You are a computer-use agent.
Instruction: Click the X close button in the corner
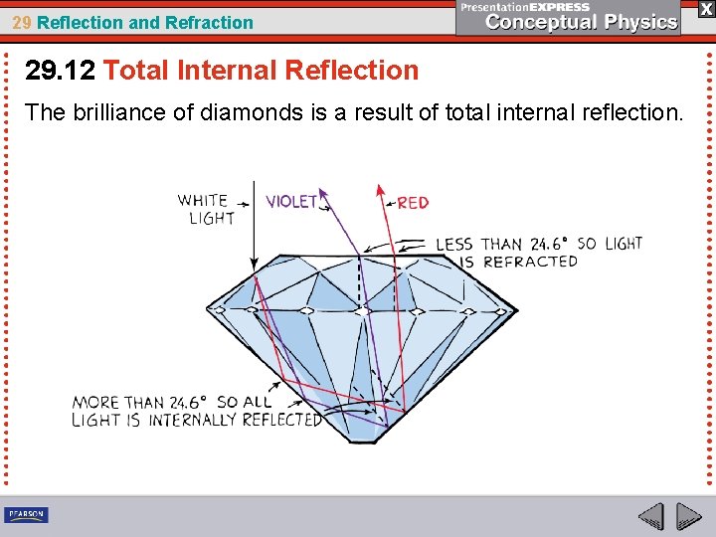click(x=705, y=8)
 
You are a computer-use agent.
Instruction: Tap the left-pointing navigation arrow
click(x=650, y=516)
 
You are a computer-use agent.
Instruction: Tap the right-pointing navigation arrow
click(x=689, y=516)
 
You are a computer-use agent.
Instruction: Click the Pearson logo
click(x=26, y=515)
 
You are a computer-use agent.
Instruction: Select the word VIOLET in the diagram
click(x=291, y=201)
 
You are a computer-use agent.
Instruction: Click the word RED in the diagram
click(x=413, y=203)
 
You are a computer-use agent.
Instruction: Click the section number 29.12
click(x=60, y=71)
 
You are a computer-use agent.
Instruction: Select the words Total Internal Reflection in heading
click(x=261, y=71)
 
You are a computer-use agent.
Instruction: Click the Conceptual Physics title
click(x=582, y=22)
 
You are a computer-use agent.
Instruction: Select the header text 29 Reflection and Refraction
click(x=132, y=22)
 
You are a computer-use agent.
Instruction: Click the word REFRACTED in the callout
click(x=530, y=262)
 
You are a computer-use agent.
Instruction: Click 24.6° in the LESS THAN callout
click(x=550, y=244)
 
